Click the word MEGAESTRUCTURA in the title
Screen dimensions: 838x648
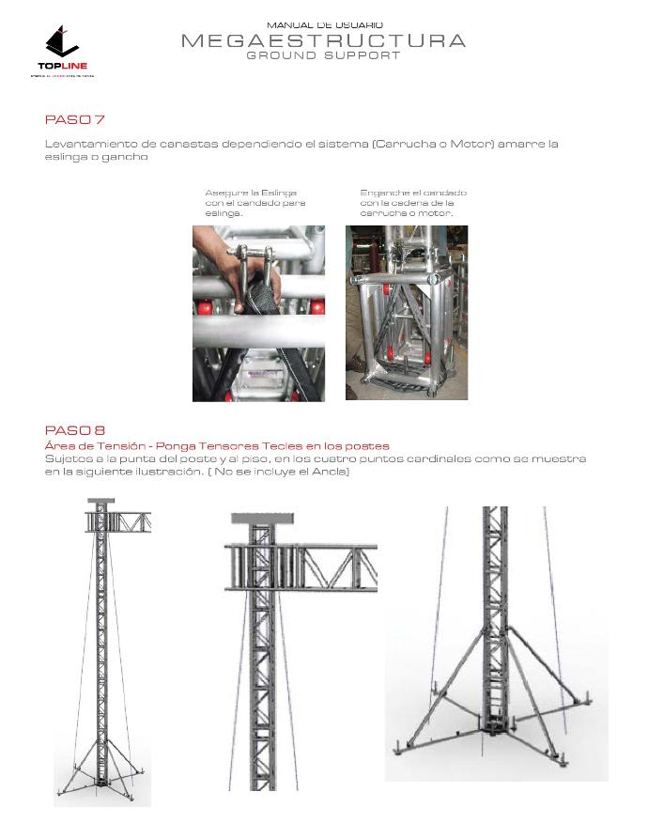[323, 40]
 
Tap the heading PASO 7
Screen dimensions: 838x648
[74, 119]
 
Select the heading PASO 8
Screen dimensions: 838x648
[74, 430]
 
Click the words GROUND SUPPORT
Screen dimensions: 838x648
[323, 55]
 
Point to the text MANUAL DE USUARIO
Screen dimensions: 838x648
[324, 25]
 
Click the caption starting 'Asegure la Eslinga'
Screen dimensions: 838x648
[255, 202]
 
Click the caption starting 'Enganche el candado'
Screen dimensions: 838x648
[412, 202]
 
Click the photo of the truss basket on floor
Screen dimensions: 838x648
[406, 313]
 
